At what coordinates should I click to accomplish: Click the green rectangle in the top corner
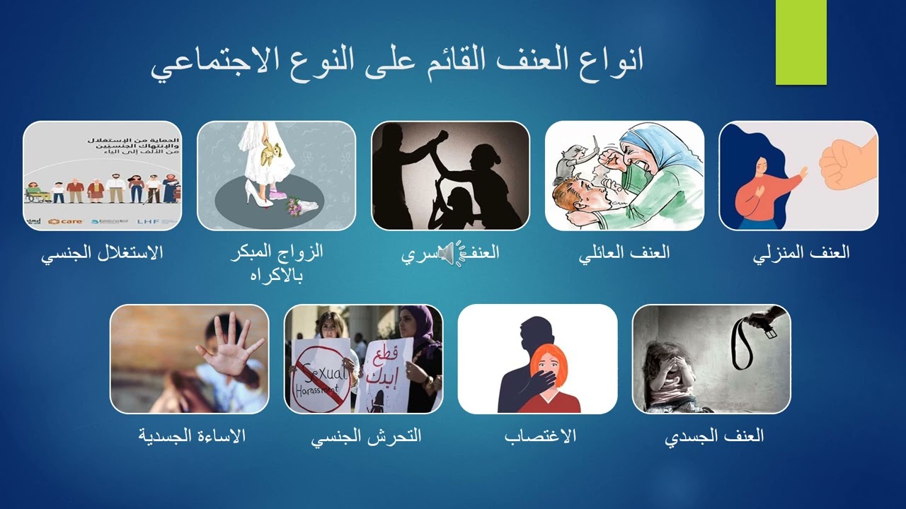(x=801, y=42)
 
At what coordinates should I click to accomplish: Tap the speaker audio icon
(x=447, y=253)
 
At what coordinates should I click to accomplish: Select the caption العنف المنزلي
(x=801, y=253)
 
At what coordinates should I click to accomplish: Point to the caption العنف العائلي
(x=624, y=253)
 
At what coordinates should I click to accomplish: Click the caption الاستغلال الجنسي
(x=102, y=253)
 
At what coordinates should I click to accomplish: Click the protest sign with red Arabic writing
(x=386, y=371)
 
